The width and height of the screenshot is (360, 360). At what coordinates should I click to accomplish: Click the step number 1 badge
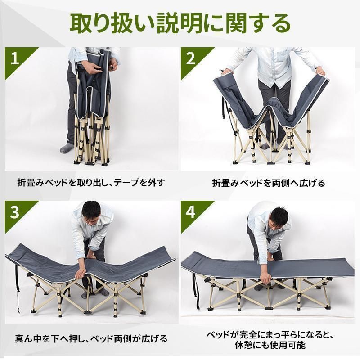pyautogui.click(x=15, y=58)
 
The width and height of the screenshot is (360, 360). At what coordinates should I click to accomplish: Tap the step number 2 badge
pyautogui.click(x=190, y=58)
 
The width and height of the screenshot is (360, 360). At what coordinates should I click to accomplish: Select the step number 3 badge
pyautogui.click(x=15, y=212)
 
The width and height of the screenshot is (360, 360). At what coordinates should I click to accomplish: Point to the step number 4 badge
pyautogui.click(x=190, y=212)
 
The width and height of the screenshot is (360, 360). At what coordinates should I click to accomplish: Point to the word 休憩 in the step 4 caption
pyautogui.click(x=244, y=345)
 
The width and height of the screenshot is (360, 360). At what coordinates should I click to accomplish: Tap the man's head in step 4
pyautogui.click(x=279, y=218)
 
